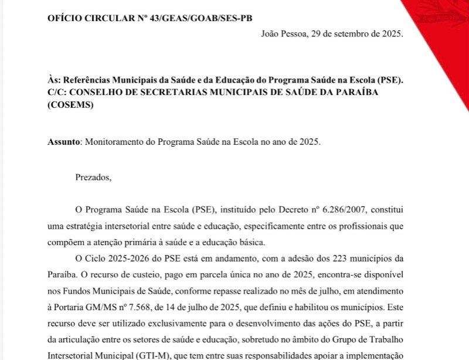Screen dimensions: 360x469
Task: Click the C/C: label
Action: pos(57,92)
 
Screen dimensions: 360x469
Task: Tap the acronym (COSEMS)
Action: pos(70,105)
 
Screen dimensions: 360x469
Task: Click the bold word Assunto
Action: pos(62,142)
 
